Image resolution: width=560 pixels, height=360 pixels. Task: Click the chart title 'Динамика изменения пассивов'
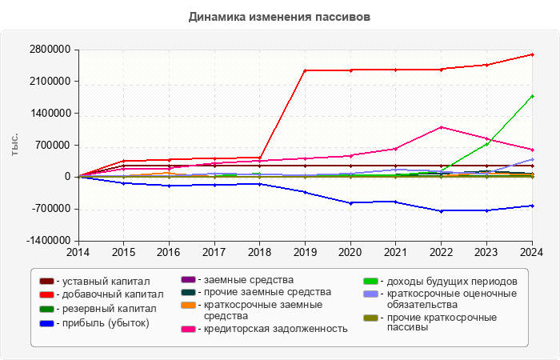pyautogui.click(x=279, y=16)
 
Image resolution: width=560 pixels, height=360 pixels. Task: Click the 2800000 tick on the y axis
pyautogui.click(x=49, y=50)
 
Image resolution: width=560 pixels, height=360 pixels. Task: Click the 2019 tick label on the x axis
pyautogui.click(x=305, y=252)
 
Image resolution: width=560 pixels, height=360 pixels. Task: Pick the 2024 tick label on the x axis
pyautogui.click(x=532, y=252)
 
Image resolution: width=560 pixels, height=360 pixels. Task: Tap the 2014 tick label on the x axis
pyautogui.click(x=78, y=252)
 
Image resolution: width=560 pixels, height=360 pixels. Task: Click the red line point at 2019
pyautogui.click(x=305, y=70)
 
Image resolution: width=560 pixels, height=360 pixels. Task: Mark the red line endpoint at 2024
pyautogui.click(x=532, y=54)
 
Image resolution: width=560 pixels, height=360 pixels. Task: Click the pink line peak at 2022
pyautogui.click(x=441, y=127)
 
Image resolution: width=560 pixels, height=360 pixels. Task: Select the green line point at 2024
pyautogui.click(x=532, y=96)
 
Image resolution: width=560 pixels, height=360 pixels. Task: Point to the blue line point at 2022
pyautogui.click(x=441, y=210)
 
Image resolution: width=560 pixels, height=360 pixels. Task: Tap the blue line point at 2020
pyautogui.click(x=350, y=202)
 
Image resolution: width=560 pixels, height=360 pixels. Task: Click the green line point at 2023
pyautogui.click(x=486, y=143)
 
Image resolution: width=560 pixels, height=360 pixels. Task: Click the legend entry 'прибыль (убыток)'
pyautogui.click(x=105, y=322)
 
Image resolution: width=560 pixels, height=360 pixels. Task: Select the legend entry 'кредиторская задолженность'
pyautogui.click(x=275, y=328)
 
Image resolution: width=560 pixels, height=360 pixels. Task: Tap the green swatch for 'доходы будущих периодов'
pyautogui.click(x=370, y=282)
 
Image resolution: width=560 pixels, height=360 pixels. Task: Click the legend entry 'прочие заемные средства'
pyautogui.click(x=267, y=292)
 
